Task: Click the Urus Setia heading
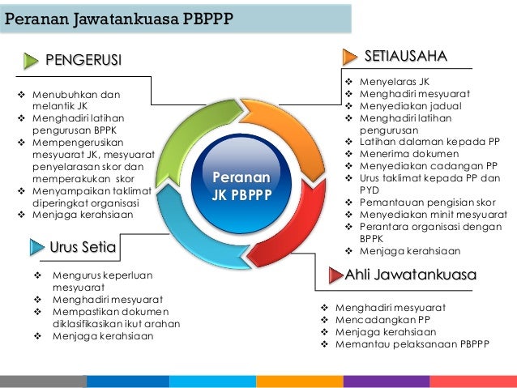[83, 246]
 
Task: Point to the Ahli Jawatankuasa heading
[411, 275]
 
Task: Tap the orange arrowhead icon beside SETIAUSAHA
[349, 56]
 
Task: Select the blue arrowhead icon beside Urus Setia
[37, 246]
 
